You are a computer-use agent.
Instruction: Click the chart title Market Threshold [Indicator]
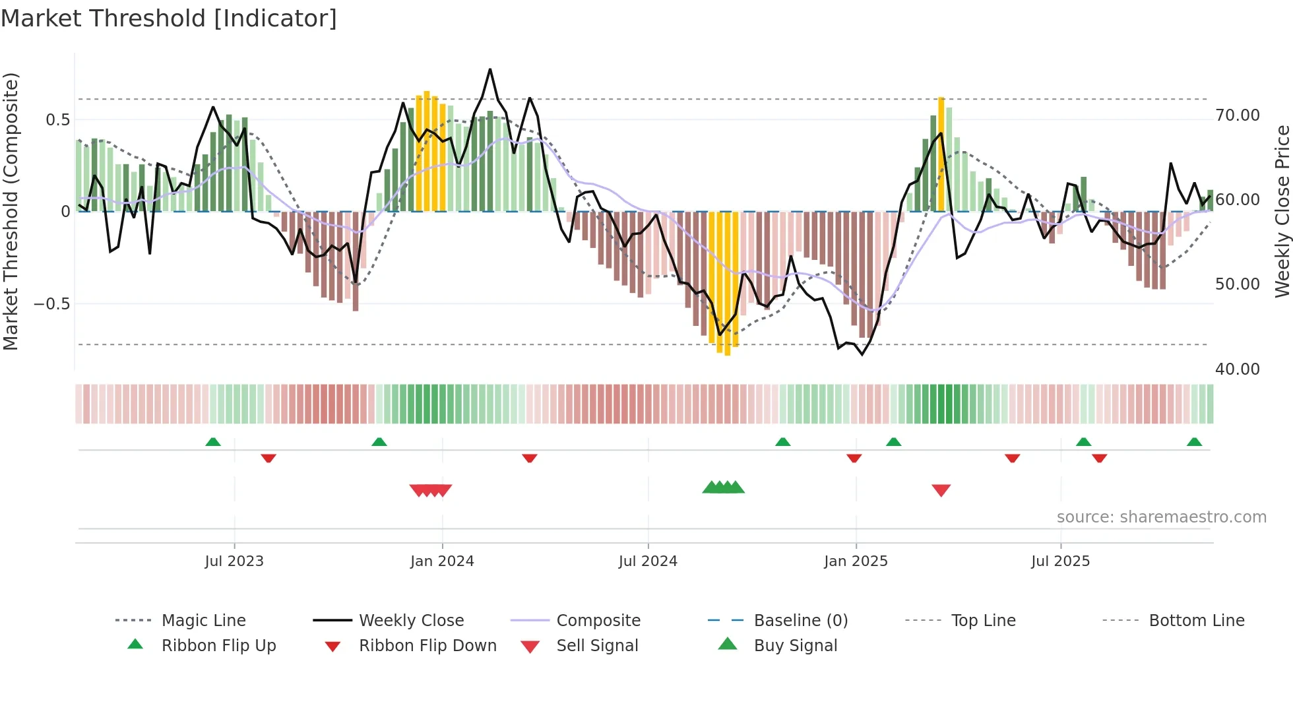[x=169, y=18]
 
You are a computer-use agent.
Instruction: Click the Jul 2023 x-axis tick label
[x=234, y=561]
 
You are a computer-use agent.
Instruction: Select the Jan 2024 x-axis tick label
[x=442, y=561]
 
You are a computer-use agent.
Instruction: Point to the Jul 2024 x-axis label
[x=648, y=561]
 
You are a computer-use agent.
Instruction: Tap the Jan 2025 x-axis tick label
[x=856, y=561]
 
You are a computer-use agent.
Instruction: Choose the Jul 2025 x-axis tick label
[x=1060, y=561]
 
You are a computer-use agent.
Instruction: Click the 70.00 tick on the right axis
[x=1238, y=115]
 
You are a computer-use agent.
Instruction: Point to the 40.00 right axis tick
[x=1238, y=369]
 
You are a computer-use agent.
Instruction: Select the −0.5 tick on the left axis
[x=51, y=304]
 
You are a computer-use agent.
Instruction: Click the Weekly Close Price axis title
[x=1282, y=211]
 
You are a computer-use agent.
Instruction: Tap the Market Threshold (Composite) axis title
[x=11, y=211]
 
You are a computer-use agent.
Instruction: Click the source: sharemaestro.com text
[x=1161, y=517]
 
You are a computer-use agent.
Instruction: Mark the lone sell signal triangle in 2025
[x=941, y=490]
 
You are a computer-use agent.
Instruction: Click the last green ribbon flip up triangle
[x=1194, y=442]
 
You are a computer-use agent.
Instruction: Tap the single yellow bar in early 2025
[x=941, y=155]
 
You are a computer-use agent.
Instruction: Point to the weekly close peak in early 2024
[x=490, y=69]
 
